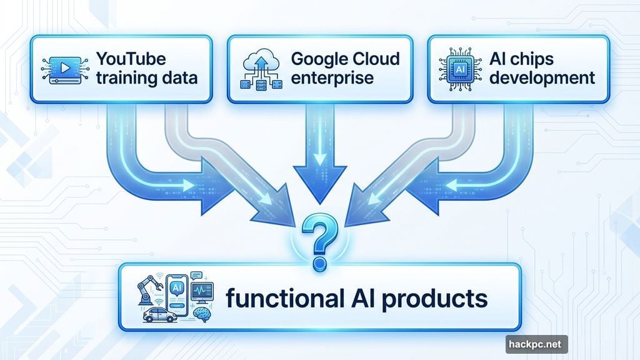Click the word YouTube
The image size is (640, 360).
coord(131,59)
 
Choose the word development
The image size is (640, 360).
coord(542,79)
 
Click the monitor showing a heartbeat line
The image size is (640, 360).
coord(202,291)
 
